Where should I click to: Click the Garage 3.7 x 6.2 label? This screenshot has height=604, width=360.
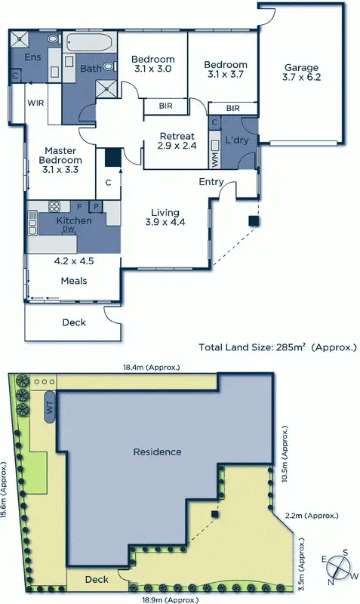pos(300,72)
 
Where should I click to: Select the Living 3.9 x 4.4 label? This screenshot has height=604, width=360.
pos(165,217)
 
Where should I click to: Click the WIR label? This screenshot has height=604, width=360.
pos(35,102)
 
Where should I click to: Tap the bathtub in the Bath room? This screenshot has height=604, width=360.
pos(89,42)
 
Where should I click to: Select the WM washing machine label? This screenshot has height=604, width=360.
pos(214,159)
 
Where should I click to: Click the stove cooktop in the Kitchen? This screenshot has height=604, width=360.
pos(54,205)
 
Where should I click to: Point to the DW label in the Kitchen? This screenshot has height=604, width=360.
pos(69,229)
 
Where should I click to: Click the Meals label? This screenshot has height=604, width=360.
pos(74,281)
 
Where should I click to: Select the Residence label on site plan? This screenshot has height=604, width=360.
pos(157,452)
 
